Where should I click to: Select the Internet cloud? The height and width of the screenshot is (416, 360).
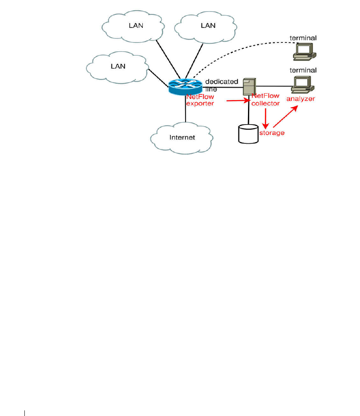coord(182,137)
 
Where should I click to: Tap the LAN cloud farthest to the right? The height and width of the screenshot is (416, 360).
coord(208,26)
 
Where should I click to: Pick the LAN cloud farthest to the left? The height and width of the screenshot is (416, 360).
coord(118,66)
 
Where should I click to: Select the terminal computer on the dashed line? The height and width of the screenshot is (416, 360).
coord(304,51)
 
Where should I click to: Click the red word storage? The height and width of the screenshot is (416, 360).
coord(272,133)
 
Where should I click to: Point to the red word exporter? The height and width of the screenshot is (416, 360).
coord(200,103)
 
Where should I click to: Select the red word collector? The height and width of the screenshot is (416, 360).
coord(266,103)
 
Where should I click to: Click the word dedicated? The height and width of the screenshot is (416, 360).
coord(222,82)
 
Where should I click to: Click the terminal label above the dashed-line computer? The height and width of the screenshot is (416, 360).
coord(303,38)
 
